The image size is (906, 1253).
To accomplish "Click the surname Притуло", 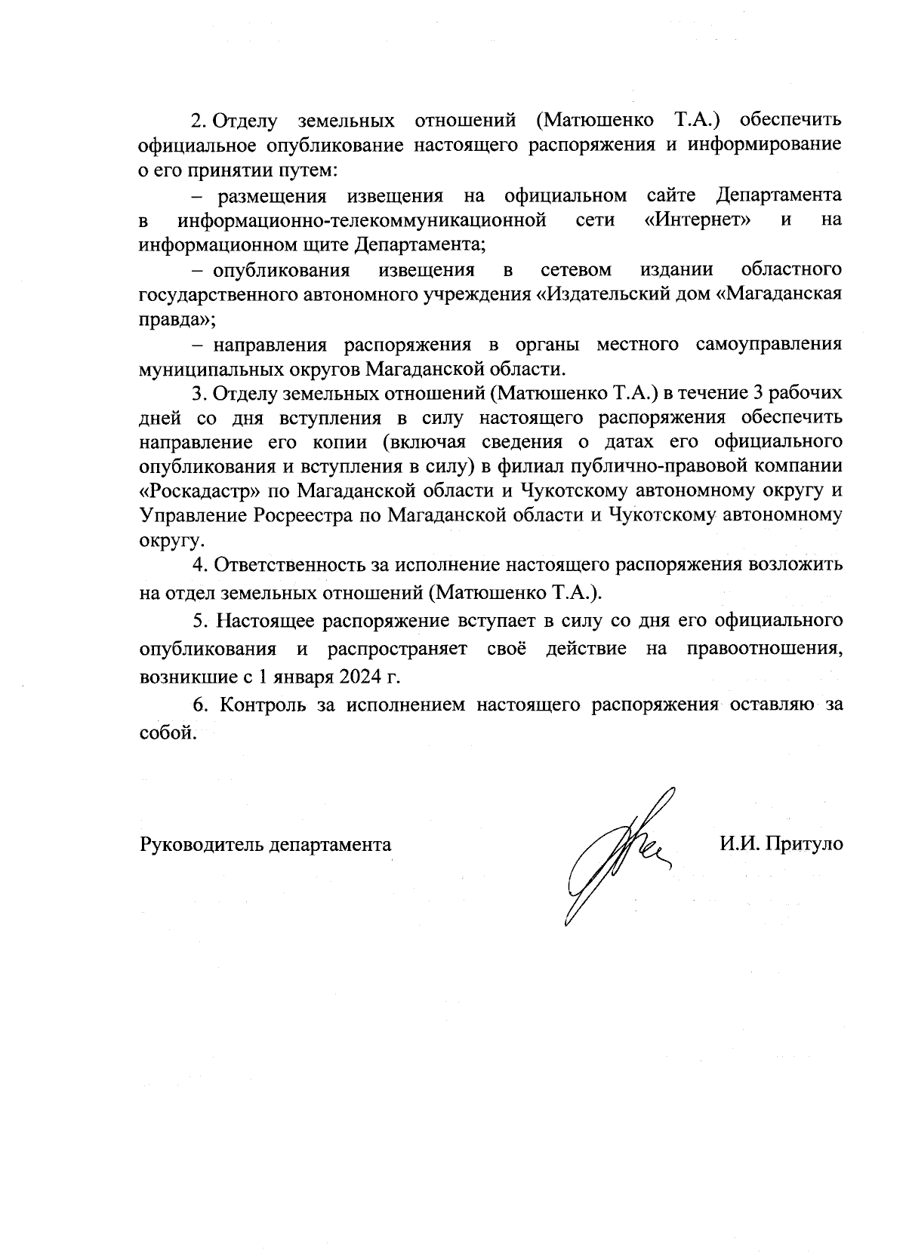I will click(804, 844).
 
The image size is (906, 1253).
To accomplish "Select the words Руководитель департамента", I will click(266, 844).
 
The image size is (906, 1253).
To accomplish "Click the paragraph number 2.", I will click(198, 121).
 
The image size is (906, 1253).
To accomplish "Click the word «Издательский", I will click(602, 295).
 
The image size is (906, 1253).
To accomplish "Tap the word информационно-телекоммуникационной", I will click(362, 221).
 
